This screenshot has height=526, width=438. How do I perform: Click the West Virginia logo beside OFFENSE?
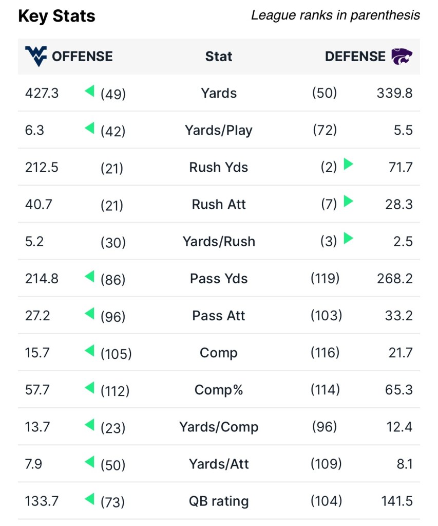coord(35,56)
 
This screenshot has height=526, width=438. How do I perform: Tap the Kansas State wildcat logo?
coord(402,56)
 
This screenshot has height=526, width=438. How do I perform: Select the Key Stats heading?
coord(56,16)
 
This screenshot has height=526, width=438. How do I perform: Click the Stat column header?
coord(219,56)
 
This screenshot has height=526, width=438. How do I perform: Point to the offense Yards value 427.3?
coord(42,93)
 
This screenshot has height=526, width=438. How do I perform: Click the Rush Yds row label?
coord(219,168)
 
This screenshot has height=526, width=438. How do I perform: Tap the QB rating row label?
coord(219,501)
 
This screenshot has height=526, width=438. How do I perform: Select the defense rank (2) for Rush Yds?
coord(329,168)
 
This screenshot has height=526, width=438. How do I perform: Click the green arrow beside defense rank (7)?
coord(349,201)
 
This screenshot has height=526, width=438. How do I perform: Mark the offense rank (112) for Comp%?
coord(115,391)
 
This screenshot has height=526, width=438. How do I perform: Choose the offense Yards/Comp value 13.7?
coord(37,427)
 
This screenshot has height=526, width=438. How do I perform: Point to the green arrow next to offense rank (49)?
coord(90,92)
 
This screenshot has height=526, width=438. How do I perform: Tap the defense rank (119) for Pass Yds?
coord(325,279)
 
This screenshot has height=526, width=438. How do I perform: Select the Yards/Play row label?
coord(219,131)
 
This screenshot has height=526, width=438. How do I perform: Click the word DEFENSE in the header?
coord(355,56)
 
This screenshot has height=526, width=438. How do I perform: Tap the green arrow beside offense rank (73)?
coord(90,499)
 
